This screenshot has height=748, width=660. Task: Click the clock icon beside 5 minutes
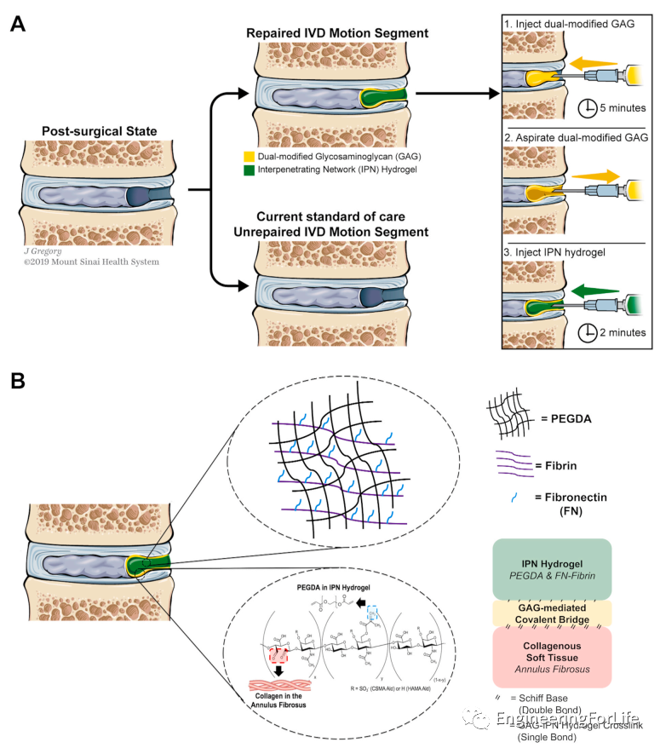click(588, 108)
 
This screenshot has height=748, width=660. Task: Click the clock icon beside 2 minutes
click(588, 331)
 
